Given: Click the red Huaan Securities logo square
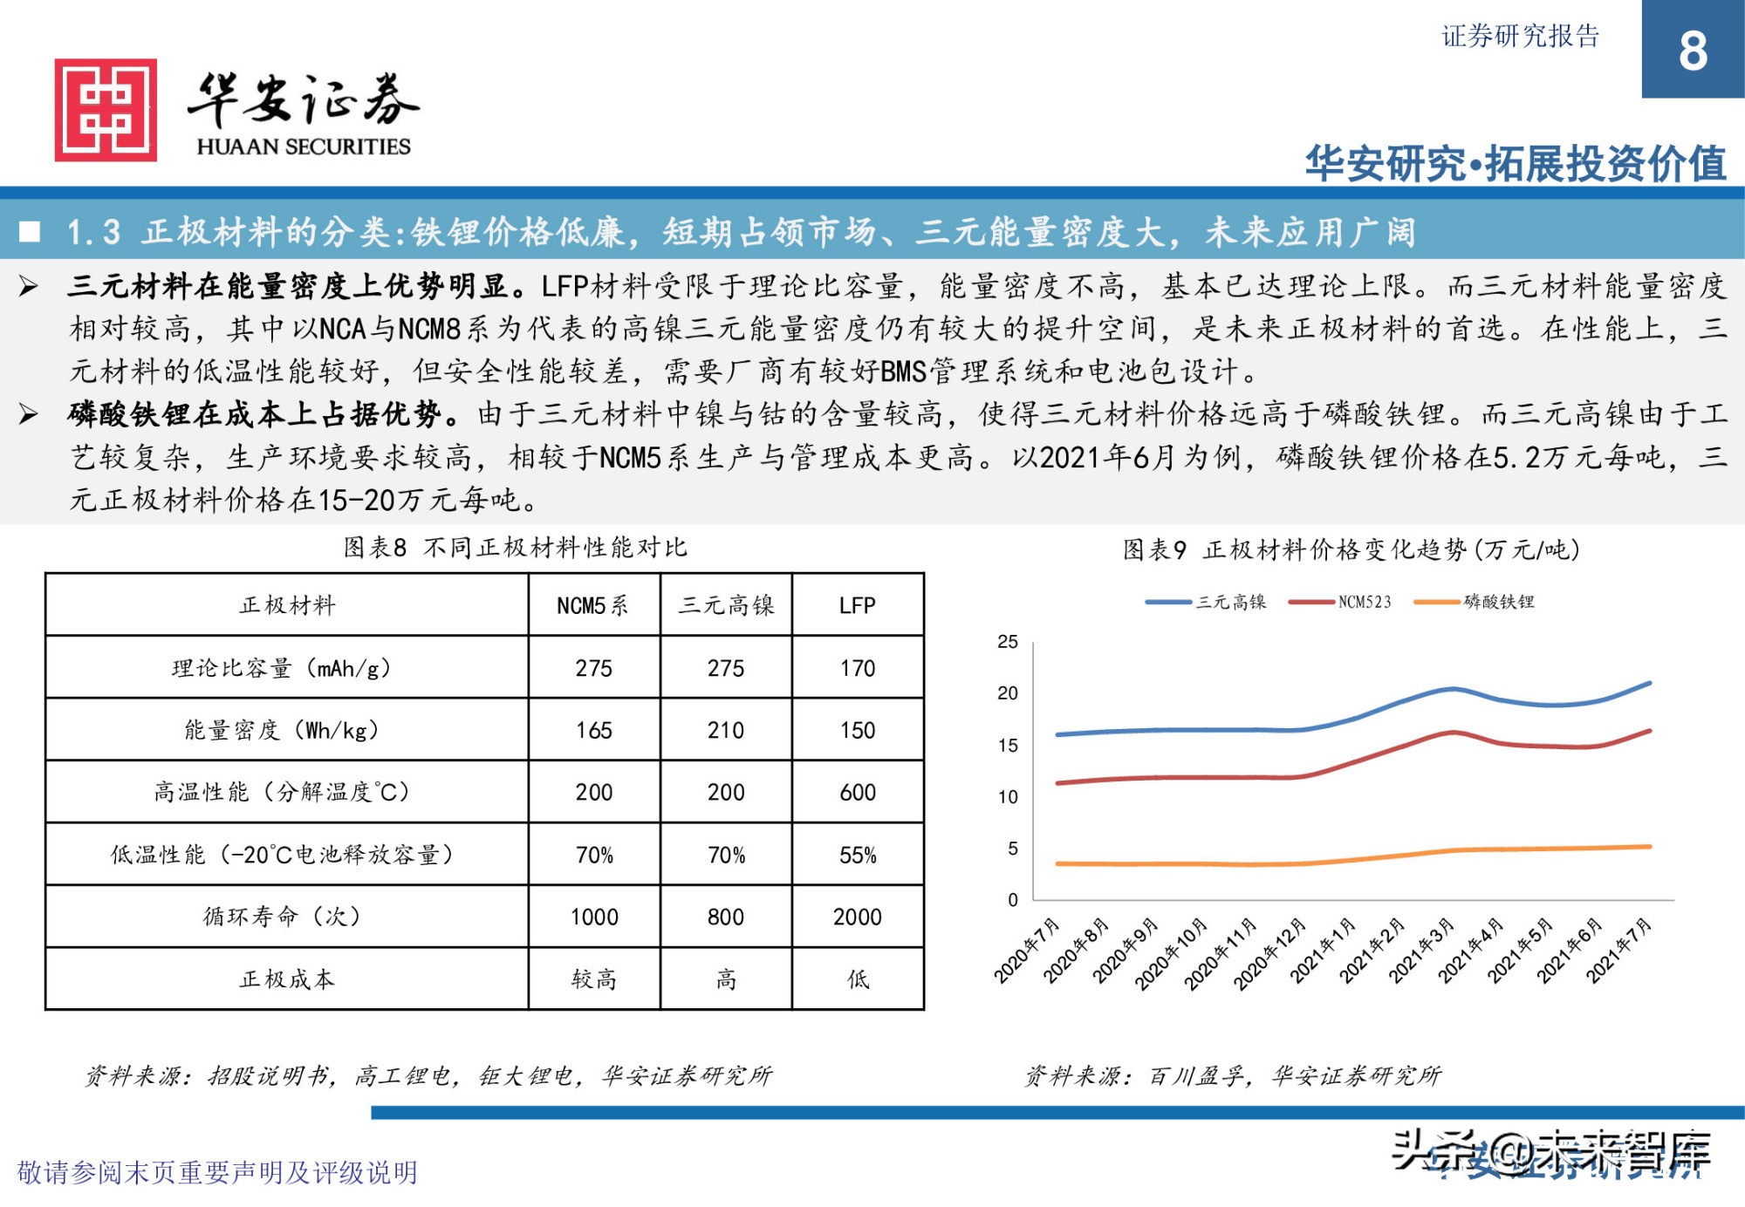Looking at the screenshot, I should tap(106, 110).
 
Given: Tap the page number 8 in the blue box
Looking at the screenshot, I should tap(1693, 51).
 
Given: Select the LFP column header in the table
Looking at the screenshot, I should tap(857, 605).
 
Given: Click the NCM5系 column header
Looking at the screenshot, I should tap(593, 605).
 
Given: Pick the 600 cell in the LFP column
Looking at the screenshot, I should tap(857, 792).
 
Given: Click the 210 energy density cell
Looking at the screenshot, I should tap(725, 730).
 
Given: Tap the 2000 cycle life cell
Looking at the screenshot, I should tap(857, 917).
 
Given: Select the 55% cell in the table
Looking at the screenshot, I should tap(857, 855).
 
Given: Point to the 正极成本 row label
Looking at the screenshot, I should tap(287, 979).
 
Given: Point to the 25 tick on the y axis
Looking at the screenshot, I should tap(1008, 642).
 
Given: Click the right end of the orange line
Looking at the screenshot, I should tap(1648, 846).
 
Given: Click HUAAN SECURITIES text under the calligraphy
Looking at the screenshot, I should tap(304, 147).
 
